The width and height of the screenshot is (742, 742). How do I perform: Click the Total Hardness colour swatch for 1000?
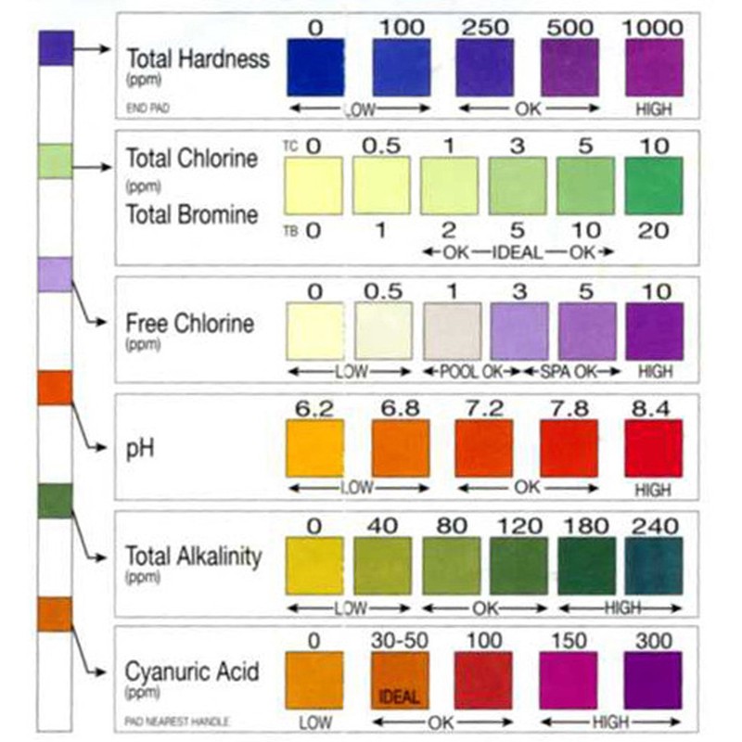pos(654,68)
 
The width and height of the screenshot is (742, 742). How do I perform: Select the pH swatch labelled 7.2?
pos(483,448)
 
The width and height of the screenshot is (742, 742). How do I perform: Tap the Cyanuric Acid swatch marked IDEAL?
pos(400,680)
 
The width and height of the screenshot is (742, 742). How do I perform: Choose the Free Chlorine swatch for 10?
pos(654,331)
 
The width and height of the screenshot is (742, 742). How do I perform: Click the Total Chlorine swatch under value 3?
pos(517,185)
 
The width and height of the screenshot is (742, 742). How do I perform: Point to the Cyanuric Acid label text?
pos(192,671)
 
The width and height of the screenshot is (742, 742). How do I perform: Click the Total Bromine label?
pos(192,215)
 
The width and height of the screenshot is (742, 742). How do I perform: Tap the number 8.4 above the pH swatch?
pos(654,406)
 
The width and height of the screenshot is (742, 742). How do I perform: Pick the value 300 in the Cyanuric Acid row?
pos(654,640)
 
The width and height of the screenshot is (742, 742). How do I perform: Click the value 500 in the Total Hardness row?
pos(569,28)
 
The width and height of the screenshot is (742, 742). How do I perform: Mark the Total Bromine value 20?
pos(654,231)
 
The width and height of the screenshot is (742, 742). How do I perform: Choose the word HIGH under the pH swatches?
pos(654,489)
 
